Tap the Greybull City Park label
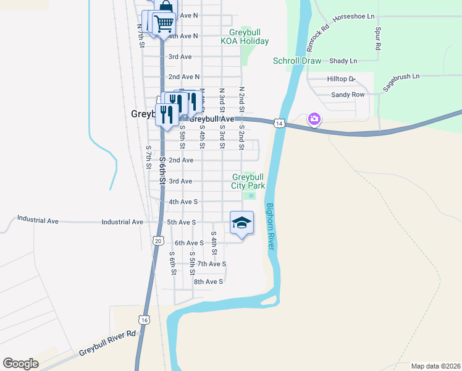pyautogui.click(x=248, y=181)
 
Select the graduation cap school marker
pyautogui.click(x=242, y=223)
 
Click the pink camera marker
pyautogui.click(x=314, y=119)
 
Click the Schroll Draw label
pyautogui.click(x=297, y=61)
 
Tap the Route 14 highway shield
pyautogui.click(x=280, y=124)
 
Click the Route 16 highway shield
pyautogui.click(x=144, y=320)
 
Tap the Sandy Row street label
pyautogui.click(x=348, y=95)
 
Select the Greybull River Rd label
pyautogui.click(x=107, y=343)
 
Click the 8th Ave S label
pyautogui.click(x=208, y=281)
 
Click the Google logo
pyautogui.click(x=20, y=364)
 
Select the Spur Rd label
pyautogui.click(x=376, y=39)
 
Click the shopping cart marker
pyautogui.click(x=164, y=23)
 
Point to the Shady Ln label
pyautogui.click(x=343, y=61)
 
